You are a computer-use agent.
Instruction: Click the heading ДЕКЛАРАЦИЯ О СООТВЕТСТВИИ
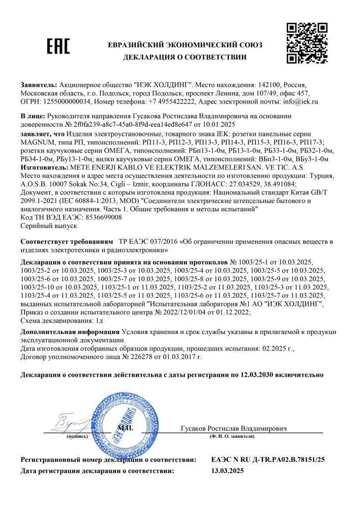[185, 57]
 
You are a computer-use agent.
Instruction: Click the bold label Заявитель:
[39, 85]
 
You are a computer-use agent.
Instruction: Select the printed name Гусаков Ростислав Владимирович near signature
[234, 429]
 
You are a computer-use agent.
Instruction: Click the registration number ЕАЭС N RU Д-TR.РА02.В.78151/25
[268, 460]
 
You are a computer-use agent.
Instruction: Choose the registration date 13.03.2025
[228, 471]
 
